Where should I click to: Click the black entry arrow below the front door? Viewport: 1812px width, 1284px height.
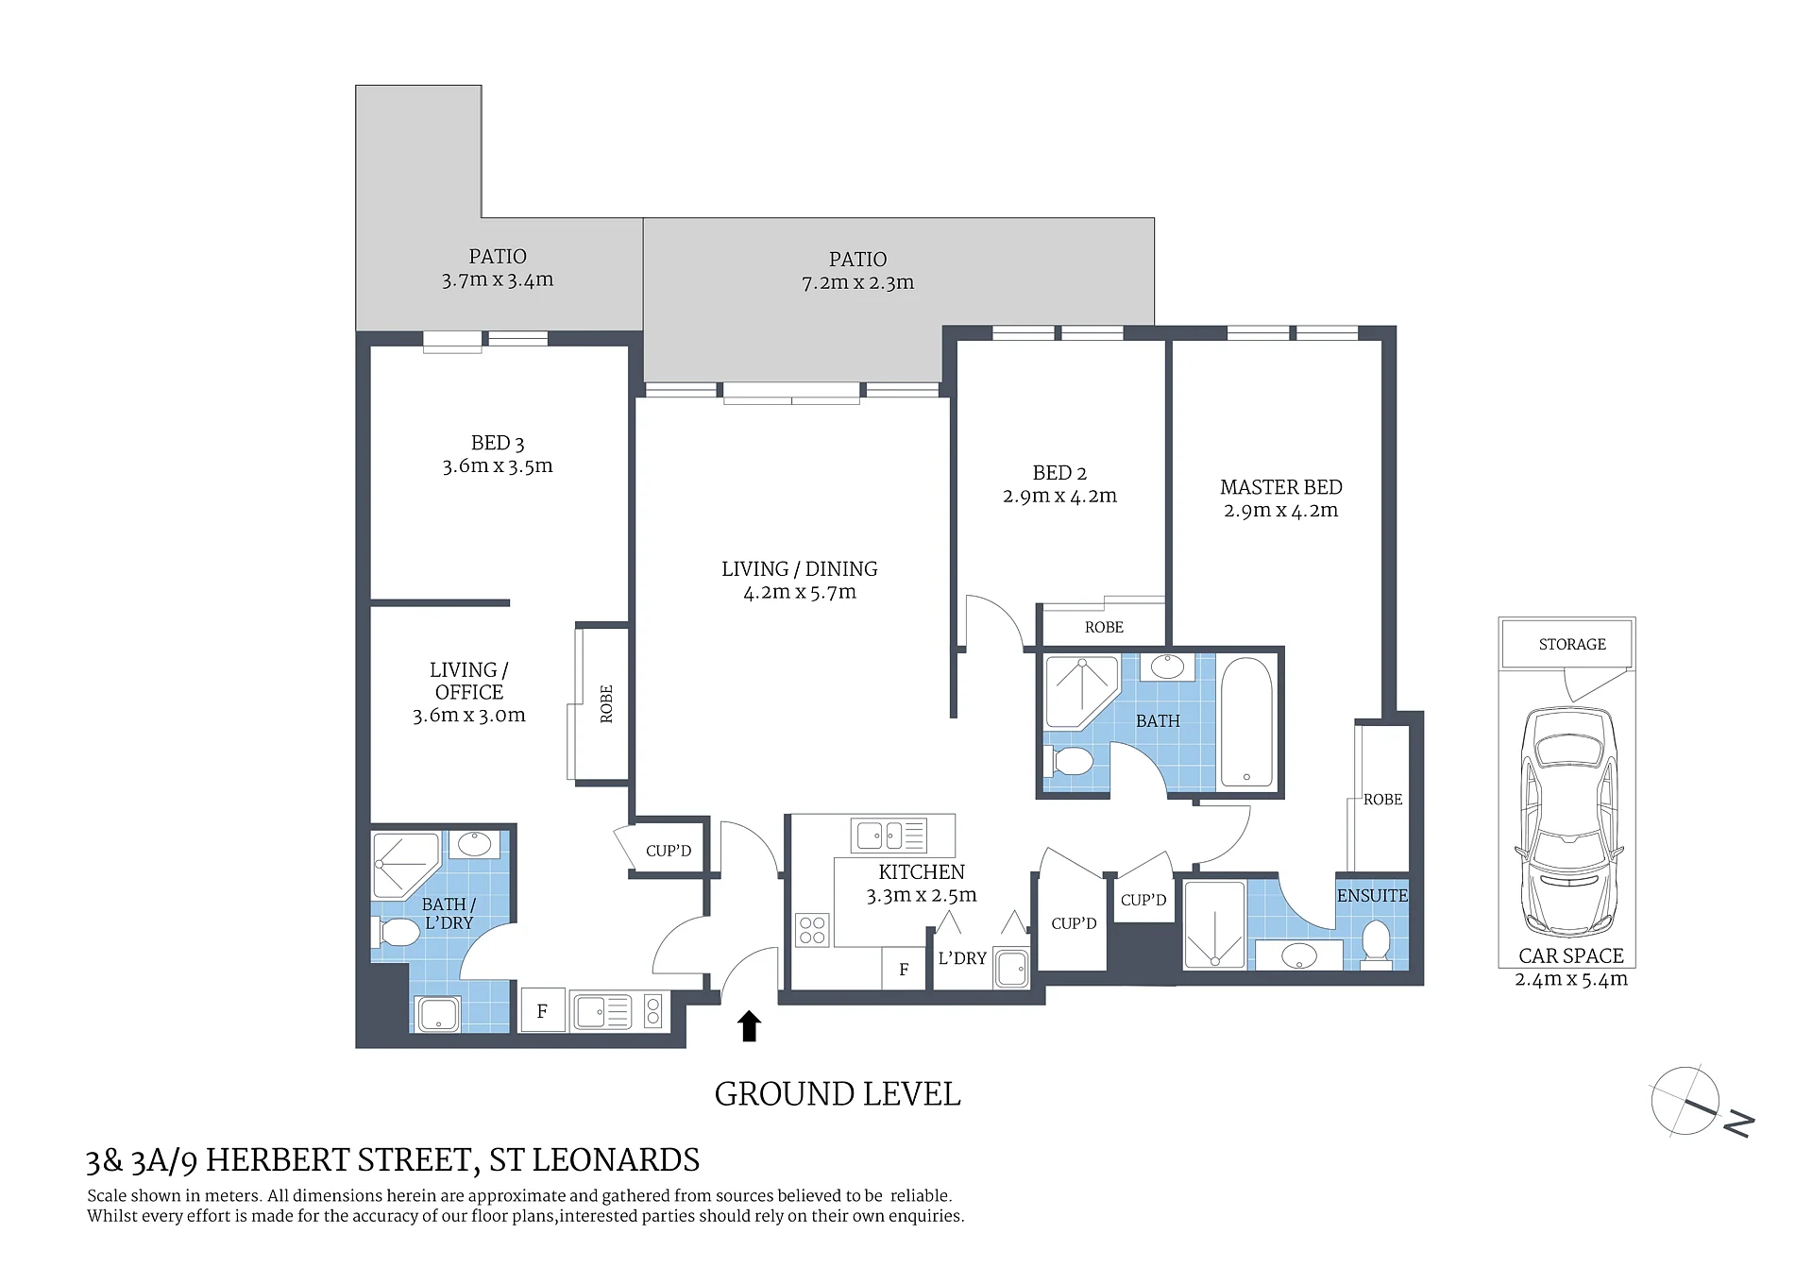749,1025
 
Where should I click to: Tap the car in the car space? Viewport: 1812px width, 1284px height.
1569,822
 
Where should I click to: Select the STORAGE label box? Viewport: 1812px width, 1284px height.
1572,644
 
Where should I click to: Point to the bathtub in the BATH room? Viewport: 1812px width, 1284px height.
1246,722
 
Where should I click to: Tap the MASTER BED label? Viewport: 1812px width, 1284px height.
1280,487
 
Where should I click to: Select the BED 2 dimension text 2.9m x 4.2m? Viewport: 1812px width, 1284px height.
1059,496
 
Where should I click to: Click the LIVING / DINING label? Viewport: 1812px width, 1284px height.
800,568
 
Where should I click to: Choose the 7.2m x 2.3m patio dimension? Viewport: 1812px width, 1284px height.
857,282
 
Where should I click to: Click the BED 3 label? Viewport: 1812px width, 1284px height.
498,443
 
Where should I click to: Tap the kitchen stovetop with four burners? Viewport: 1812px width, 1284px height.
812,930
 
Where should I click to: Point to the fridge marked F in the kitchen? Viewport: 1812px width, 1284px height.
904,969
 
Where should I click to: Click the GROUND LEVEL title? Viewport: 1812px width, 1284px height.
838,1094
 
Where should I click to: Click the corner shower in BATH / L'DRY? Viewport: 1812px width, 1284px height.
406,865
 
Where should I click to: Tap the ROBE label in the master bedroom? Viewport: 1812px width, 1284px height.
1382,800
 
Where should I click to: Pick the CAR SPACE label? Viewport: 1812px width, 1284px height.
1571,955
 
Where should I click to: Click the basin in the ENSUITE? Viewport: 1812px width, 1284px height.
1299,955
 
